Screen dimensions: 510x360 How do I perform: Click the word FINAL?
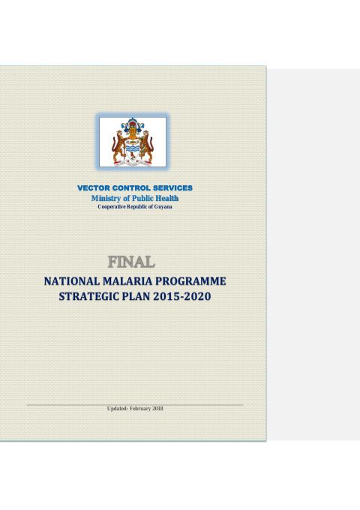(x=132, y=262)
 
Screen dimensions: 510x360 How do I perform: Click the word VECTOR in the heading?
(x=94, y=187)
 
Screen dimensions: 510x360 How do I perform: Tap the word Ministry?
(x=108, y=197)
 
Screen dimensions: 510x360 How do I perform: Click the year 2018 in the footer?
(x=157, y=408)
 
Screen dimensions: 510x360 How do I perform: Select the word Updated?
(x=118, y=408)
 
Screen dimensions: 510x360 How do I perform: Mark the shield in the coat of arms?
(x=133, y=145)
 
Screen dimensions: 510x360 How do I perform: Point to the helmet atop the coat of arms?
(x=133, y=124)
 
